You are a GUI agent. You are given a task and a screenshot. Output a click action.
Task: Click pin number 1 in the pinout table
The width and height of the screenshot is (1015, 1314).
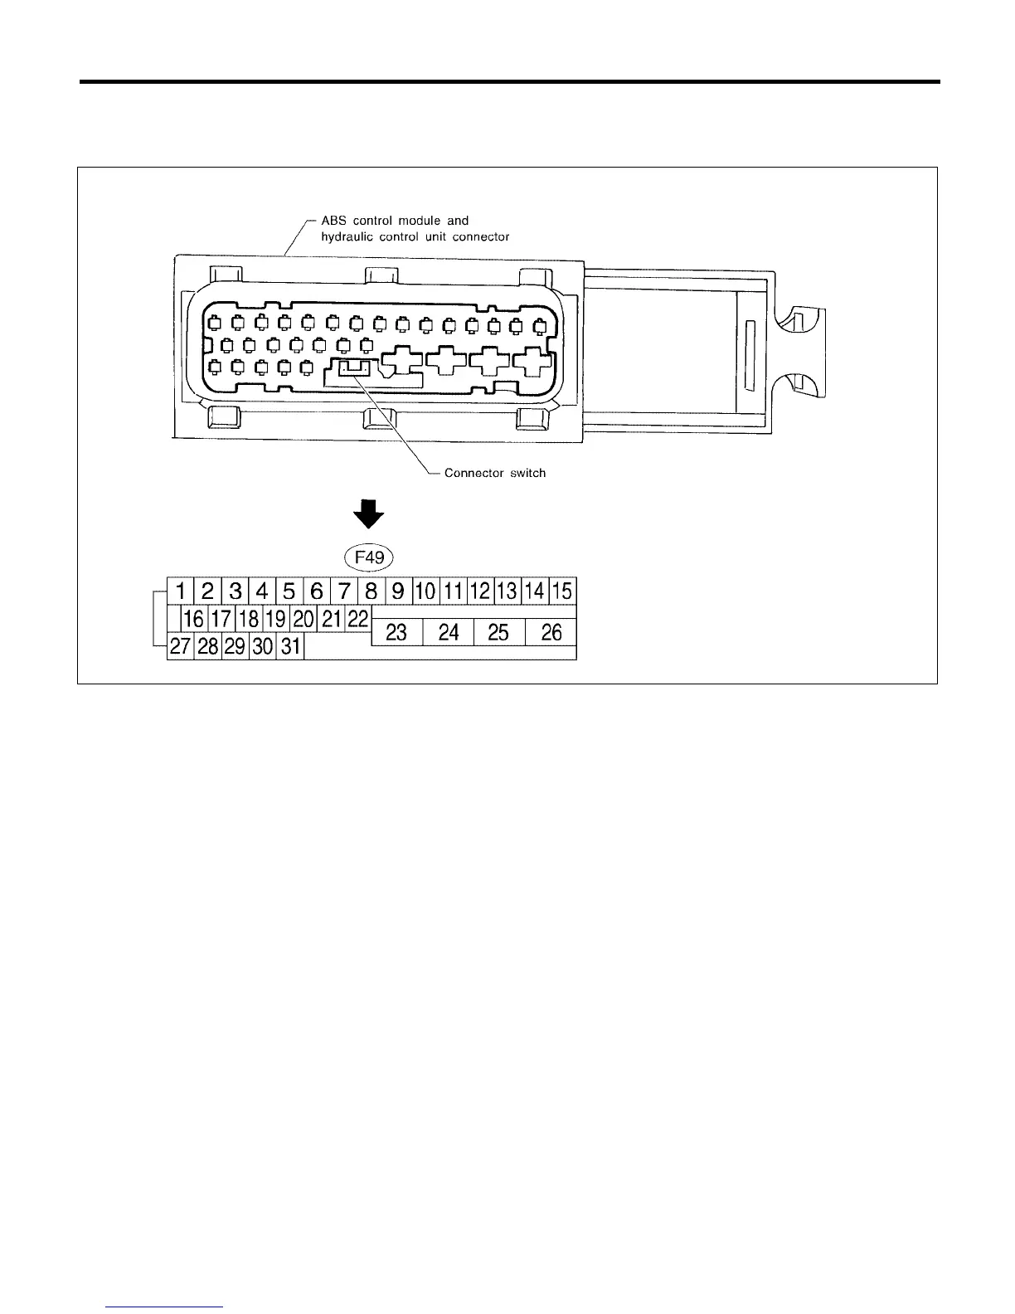coord(181,591)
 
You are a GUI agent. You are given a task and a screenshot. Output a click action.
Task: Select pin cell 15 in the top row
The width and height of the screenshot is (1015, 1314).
coord(562,591)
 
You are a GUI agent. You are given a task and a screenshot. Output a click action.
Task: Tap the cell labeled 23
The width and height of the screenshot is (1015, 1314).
coord(396,633)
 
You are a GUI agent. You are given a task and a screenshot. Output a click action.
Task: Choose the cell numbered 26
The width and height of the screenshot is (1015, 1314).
coord(551,633)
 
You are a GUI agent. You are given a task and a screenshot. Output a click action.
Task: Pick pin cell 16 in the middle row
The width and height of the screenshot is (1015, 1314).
coord(194,619)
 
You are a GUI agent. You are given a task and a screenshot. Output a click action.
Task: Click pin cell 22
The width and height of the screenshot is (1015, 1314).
coord(357,619)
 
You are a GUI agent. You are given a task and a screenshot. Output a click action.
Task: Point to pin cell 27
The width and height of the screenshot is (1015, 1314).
coord(181,646)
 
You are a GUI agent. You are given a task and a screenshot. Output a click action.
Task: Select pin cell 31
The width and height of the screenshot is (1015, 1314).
coord(290,646)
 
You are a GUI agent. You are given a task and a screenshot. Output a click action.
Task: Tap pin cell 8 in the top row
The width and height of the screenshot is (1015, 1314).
coord(372,591)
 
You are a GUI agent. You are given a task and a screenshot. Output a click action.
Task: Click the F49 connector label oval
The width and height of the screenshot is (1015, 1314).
coord(369,557)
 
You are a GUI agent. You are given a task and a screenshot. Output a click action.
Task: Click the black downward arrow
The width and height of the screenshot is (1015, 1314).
coord(369,514)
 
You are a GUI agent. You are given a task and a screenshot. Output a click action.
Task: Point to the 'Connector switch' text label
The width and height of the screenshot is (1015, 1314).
coord(495,473)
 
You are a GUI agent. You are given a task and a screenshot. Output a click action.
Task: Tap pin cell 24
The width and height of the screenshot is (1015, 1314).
coord(449,633)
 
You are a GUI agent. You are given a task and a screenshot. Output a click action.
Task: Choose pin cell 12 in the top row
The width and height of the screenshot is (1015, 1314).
coord(480,591)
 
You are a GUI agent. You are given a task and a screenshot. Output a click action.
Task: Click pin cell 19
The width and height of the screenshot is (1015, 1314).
coord(275,619)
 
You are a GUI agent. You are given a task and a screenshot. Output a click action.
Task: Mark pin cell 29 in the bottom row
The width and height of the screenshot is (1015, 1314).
coord(236,646)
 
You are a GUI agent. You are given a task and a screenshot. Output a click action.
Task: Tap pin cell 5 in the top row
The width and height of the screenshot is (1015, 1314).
coord(289,591)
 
